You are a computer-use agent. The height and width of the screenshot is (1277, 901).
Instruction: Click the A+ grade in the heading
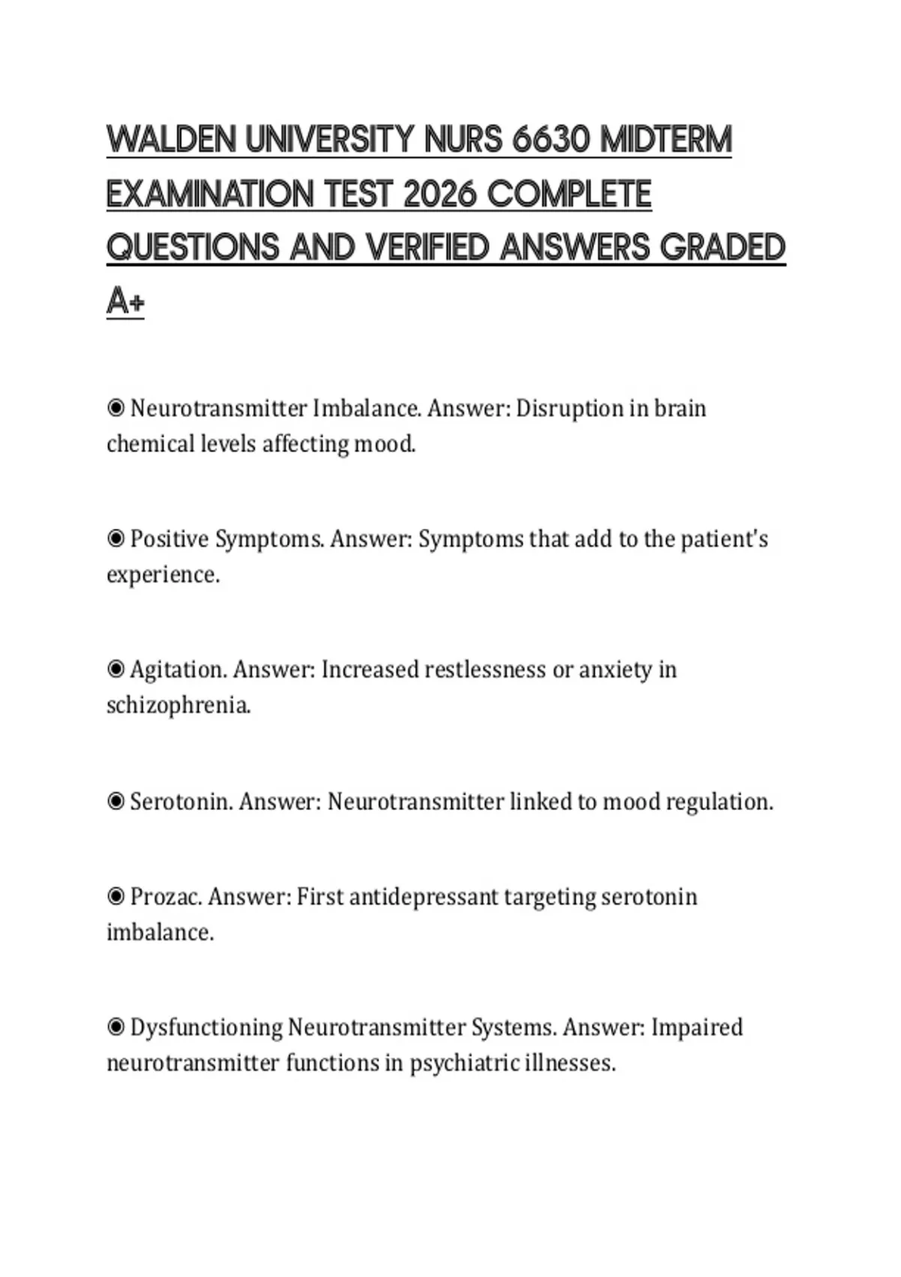[125, 302]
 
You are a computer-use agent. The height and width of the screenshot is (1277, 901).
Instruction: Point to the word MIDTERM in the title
[666, 140]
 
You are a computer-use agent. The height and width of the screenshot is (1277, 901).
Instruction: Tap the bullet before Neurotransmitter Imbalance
[116, 409]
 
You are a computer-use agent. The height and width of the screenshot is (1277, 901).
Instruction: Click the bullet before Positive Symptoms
[116, 539]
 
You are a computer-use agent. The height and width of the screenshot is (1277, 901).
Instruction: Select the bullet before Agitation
[116, 669]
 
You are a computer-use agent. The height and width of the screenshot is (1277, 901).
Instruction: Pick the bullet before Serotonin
[116, 802]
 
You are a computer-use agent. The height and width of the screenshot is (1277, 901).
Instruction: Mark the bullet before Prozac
[116, 897]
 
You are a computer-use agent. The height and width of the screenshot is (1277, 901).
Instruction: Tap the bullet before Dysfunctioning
[116, 1027]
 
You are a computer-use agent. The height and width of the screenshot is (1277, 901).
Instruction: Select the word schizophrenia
[178, 705]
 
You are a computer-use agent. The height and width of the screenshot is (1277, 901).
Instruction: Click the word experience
[162, 575]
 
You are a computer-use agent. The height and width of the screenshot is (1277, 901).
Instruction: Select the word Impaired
[696, 1027]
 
